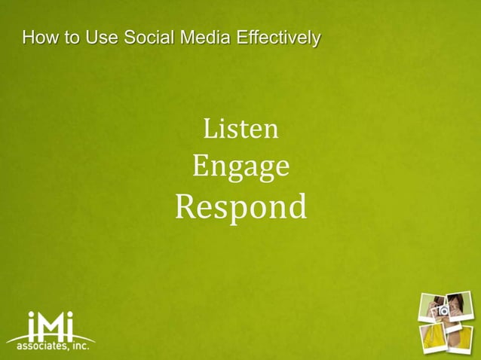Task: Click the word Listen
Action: pos(241,130)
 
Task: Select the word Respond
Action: pos(241,206)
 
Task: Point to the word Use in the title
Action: pos(101,36)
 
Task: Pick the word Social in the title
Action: pos(147,36)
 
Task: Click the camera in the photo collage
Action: pos(443,309)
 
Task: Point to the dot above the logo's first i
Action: pos(32,315)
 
